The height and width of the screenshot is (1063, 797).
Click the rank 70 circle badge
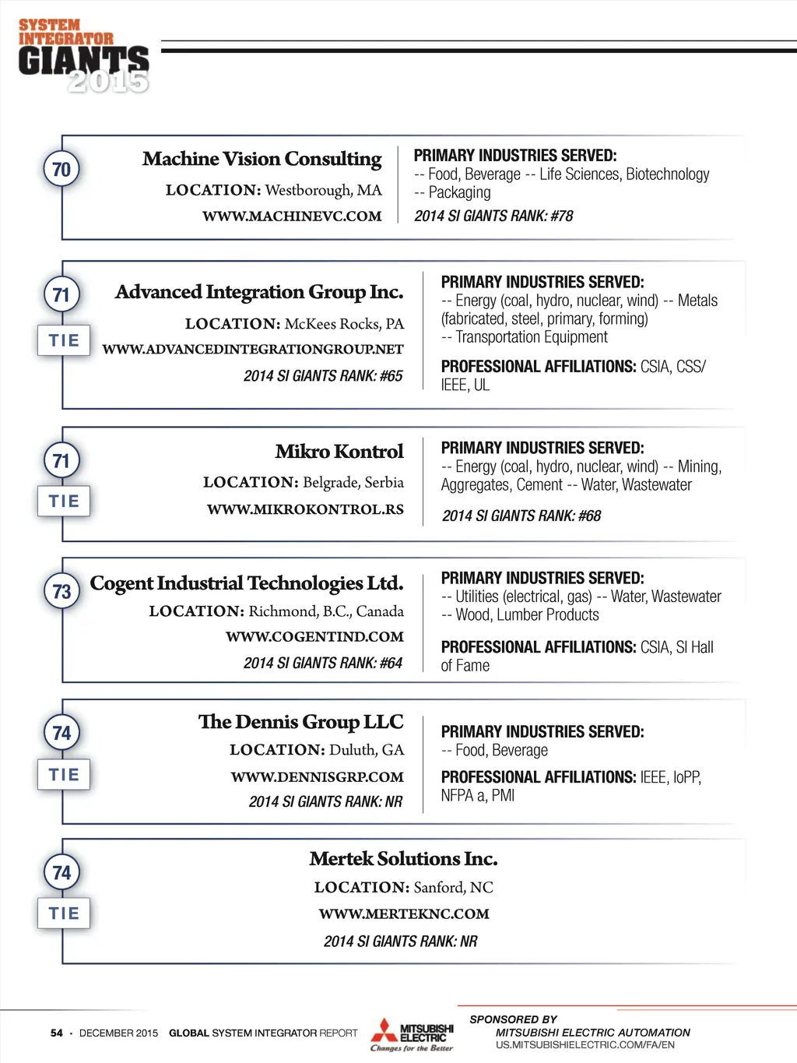tap(61, 169)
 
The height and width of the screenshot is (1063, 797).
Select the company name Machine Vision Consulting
tap(262, 159)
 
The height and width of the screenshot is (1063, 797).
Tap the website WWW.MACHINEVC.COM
tap(292, 216)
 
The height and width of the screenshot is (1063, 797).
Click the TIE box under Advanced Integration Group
tap(64, 340)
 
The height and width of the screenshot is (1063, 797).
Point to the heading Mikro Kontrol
tap(339, 452)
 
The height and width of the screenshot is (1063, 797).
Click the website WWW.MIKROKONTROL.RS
tap(305, 509)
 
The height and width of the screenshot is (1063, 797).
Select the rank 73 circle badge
tap(61, 592)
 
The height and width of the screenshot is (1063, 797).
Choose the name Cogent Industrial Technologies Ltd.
tap(247, 583)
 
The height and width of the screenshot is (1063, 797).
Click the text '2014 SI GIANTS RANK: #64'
tap(323, 663)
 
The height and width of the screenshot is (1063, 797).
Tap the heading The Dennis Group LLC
tap(300, 722)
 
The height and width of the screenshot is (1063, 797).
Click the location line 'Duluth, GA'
tap(317, 750)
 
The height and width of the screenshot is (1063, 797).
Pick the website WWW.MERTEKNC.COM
tap(404, 913)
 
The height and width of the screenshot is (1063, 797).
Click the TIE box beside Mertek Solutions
tap(64, 913)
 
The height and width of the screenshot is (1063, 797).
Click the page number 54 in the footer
tap(57, 1033)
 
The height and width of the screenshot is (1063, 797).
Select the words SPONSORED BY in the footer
tap(513, 1019)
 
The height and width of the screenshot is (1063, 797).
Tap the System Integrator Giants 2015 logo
tap(83, 56)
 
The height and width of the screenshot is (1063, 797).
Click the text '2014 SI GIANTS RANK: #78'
tap(493, 216)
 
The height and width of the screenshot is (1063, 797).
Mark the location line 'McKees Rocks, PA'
tap(294, 324)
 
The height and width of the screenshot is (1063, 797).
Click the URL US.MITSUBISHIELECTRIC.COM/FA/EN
tap(585, 1045)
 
